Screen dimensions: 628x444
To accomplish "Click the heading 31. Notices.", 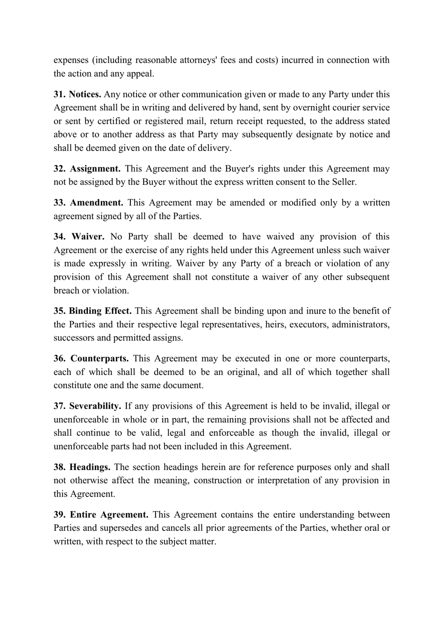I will (77, 94).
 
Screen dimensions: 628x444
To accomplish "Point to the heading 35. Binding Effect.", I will (92, 311).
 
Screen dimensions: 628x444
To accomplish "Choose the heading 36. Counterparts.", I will (91, 359).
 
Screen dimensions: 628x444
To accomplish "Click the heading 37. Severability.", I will (87, 406).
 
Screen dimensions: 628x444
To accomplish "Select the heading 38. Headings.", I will (82, 467).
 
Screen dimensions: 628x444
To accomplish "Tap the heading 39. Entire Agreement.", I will (100, 515).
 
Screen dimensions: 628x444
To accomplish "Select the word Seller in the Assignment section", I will (343, 182).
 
